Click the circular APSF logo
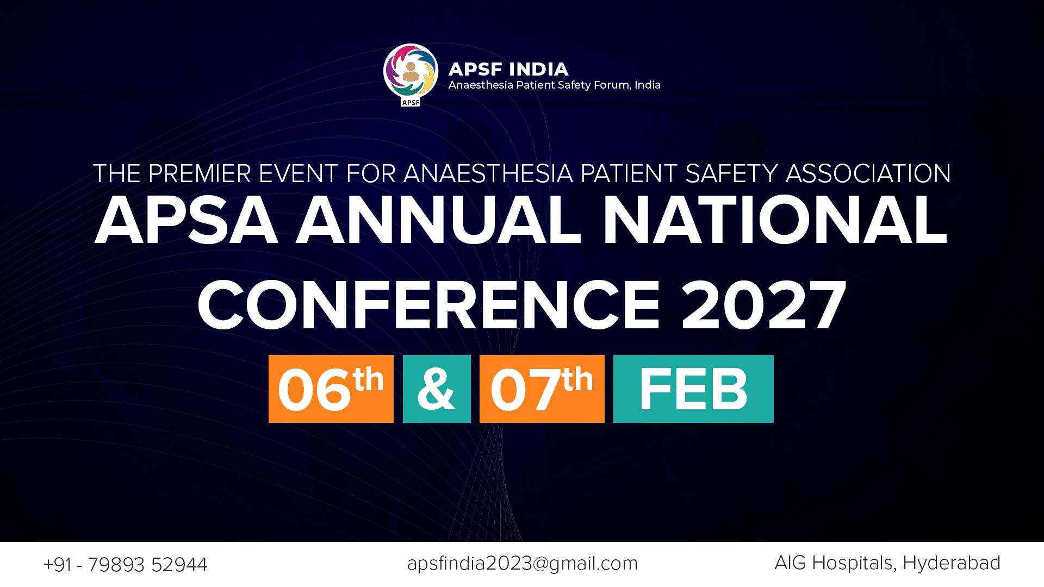(411, 71)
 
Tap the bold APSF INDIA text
(508, 69)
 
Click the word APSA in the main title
(186, 220)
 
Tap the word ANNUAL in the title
(438, 220)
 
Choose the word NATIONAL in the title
(775, 220)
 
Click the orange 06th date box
(331, 389)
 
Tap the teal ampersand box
(437, 389)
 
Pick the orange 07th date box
(542, 389)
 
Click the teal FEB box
(693, 389)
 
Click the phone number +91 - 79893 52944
(125, 565)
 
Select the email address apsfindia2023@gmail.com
(522, 564)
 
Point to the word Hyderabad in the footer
(952, 563)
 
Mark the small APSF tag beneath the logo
(411, 102)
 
